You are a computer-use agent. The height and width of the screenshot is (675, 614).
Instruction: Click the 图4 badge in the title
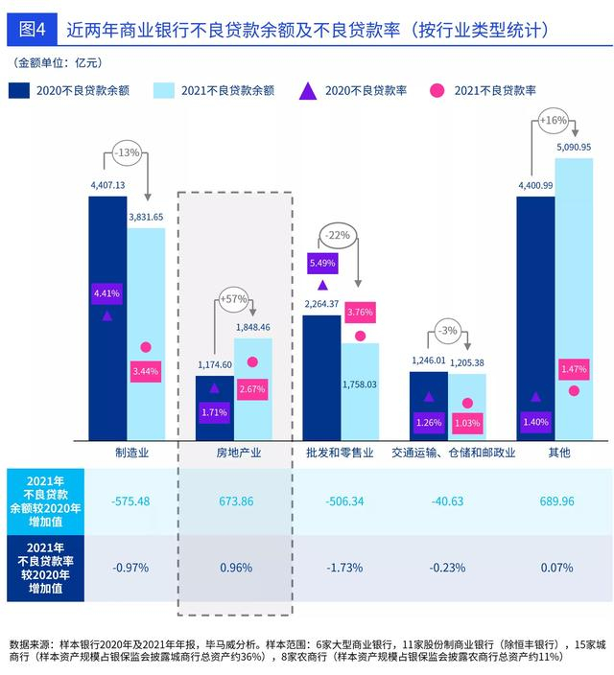click(x=32, y=30)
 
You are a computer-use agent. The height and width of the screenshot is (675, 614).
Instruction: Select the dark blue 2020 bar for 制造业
click(x=107, y=318)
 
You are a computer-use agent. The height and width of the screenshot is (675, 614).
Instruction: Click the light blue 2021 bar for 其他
click(x=574, y=299)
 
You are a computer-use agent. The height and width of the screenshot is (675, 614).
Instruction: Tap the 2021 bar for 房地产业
click(x=253, y=389)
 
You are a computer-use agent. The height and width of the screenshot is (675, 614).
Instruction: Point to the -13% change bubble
click(x=127, y=152)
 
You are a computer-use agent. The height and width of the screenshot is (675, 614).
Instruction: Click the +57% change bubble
click(x=233, y=299)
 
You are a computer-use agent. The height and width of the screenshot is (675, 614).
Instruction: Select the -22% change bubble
click(x=338, y=236)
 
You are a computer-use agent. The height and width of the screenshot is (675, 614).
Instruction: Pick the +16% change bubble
click(x=554, y=120)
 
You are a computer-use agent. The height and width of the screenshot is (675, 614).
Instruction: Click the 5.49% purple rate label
click(x=322, y=263)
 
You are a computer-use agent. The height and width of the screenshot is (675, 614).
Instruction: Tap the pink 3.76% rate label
click(x=360, y=313)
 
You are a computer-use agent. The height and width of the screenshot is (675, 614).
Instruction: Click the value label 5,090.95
click(x=574, y=148)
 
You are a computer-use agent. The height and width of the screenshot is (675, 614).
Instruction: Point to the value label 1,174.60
click(x=215, y=364)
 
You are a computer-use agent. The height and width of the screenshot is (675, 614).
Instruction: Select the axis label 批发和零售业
click(x=340, y=453)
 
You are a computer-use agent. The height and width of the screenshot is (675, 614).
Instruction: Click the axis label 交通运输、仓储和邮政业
click(x=453, y=453)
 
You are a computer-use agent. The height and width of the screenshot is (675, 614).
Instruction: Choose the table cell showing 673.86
click(x=236, y=501)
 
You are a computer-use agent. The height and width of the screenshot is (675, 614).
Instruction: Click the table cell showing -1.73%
click(x=344, y=568)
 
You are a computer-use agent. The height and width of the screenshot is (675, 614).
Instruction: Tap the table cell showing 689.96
click(x=556, y=501)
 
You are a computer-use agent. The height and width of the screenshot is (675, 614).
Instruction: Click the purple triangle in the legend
click(x=308, y=92)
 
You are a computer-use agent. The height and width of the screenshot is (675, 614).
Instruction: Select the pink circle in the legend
click(x=437, y=91)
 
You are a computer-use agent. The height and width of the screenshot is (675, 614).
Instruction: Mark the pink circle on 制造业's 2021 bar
click(x=146, y=347)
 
